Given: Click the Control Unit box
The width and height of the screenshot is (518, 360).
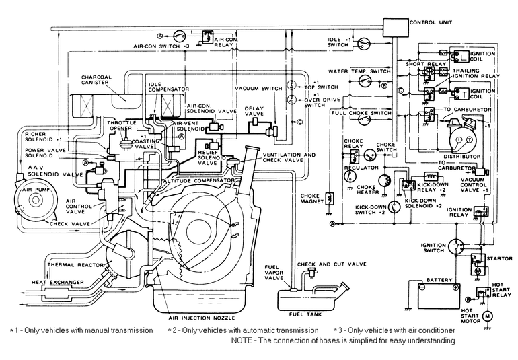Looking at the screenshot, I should click(x=394, y=27).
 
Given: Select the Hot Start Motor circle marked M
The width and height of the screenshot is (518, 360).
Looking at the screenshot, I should click(x=490, y=315).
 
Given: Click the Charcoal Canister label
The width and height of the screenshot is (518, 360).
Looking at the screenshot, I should click(x=100, y=81).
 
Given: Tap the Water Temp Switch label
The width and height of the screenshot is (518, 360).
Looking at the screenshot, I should click(x=359, y=70).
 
